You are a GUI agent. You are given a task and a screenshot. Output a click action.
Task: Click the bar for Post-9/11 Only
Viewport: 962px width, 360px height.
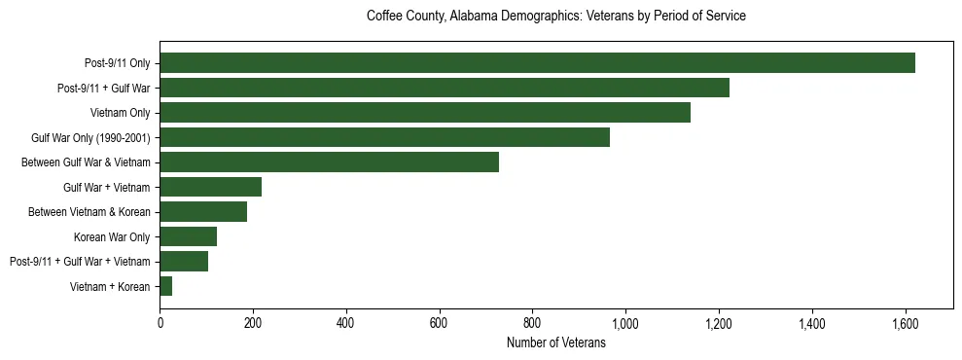pos(537,63)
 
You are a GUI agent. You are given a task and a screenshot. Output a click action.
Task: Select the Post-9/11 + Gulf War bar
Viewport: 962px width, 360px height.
pos(445,88)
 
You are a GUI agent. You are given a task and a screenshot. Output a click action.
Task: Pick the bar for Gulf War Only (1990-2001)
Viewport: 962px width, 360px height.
pos(384,137)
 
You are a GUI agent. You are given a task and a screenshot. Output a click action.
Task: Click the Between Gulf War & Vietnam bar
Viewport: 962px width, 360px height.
pos(329,162)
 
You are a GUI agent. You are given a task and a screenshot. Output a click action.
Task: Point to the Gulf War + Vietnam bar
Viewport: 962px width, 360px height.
pos(210,187)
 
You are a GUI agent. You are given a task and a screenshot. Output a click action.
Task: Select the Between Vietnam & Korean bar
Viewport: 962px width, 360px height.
pos(203,212)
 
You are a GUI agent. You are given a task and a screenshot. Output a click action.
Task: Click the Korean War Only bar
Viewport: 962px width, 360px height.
pos(188,236)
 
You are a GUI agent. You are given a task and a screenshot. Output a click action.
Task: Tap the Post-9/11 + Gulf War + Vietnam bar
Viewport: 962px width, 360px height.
pos(184,262)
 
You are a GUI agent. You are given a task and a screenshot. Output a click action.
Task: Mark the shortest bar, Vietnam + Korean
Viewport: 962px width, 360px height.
pos(166,286)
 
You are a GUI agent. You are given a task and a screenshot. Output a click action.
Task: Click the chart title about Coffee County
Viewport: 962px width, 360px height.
pos(555,17)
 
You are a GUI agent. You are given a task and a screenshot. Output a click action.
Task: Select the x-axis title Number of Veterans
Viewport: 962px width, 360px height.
pos(555,343)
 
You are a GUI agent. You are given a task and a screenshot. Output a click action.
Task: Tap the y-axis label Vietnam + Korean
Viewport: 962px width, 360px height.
pos(110,286)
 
